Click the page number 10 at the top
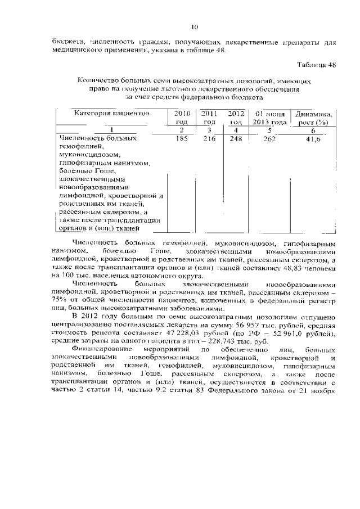pos(195,26)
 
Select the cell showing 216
pos(209,138)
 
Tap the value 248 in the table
pos(236,138)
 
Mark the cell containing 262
pos(269,138)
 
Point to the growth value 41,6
pos(314,138)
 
